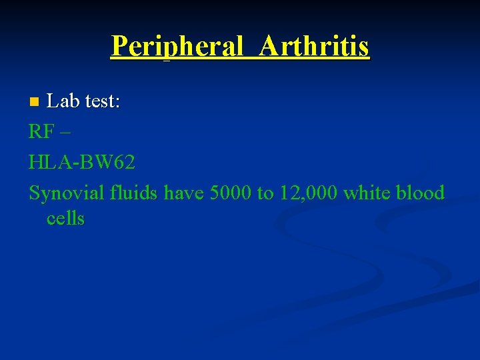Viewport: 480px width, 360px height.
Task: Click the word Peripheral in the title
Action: (177, 46)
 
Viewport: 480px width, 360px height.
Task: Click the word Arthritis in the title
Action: (315, 46)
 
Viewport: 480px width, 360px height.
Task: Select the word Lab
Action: (62, 101)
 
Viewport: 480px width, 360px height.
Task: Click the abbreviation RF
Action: (40, 132)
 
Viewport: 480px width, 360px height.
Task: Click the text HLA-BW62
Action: (82, 162)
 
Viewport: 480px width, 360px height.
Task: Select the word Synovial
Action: (67, 193)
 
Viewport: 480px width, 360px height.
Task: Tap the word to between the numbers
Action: (265, 193)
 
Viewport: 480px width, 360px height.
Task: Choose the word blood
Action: (420, 193)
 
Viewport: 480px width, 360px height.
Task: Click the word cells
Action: (65, 219)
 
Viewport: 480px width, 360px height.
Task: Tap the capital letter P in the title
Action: (119, 46)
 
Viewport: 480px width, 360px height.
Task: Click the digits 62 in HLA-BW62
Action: (124, 162)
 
